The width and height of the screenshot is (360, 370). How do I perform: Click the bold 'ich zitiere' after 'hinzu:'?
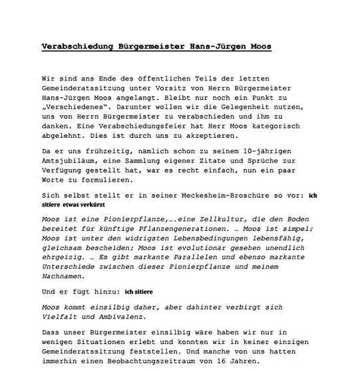pos(140,292)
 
